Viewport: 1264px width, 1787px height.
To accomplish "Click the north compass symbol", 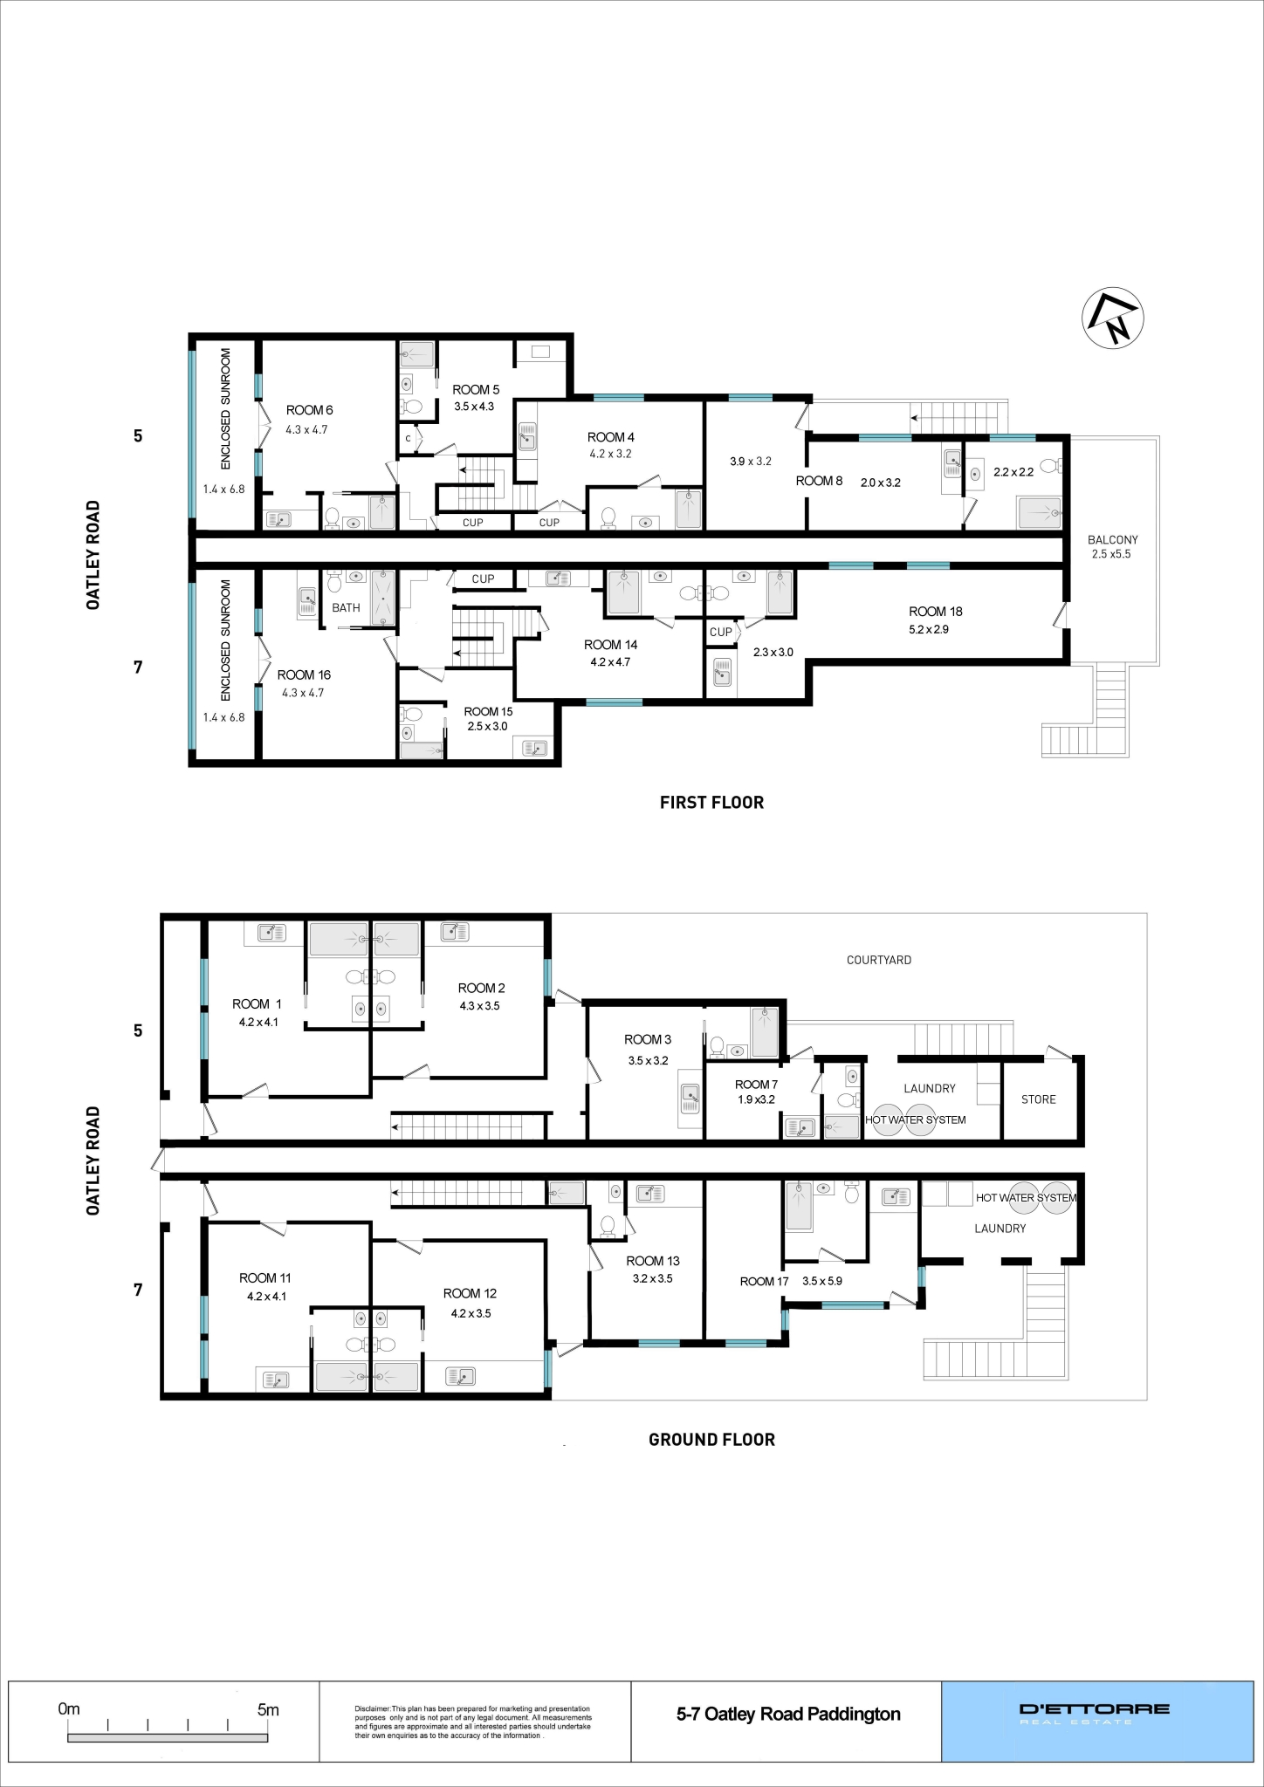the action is click(x=1112, y=318).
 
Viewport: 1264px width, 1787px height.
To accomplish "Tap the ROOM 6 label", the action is click(x=309, y=410).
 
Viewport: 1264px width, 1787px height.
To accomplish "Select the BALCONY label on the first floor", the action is click(x=1112, y=540).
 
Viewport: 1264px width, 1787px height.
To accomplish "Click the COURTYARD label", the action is click(x=878, y=960).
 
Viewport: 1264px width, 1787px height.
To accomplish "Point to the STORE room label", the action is click(x=1038, y=1099).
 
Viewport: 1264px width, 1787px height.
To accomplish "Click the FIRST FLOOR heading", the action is click(x=711, y=803).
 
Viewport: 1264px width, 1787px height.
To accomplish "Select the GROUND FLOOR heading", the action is click(x=711, y=1440).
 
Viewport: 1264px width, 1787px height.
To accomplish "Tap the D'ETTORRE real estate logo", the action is click(x=1095, y=1714).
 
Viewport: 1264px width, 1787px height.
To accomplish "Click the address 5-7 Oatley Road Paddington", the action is click(x=788, y=1714).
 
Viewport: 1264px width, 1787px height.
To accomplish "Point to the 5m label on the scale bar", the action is click(x=268, y=1709).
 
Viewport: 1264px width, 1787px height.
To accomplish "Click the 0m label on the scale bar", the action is click(x=69, y=1709).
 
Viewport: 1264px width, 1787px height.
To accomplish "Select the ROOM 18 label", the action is click(x=935, y=612).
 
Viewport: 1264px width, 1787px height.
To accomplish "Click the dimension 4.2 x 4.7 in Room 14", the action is click(x=610, y=662).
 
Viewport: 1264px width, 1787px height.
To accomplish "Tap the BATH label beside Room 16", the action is click(x=346, y=608).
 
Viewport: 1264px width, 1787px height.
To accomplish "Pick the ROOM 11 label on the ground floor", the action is click(x=264, y=1278).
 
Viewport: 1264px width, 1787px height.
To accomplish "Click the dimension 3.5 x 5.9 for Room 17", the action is click(x=822, y=1281).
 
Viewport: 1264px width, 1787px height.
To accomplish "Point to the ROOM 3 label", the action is click(x=648, y=1039).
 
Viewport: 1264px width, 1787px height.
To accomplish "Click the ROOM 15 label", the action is click(x=488, y=711).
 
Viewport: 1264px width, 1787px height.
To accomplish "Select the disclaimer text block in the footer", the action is click(x=472, y=1722).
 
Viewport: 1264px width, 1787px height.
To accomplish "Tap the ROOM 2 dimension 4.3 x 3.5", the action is click(x=480, y=1006).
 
